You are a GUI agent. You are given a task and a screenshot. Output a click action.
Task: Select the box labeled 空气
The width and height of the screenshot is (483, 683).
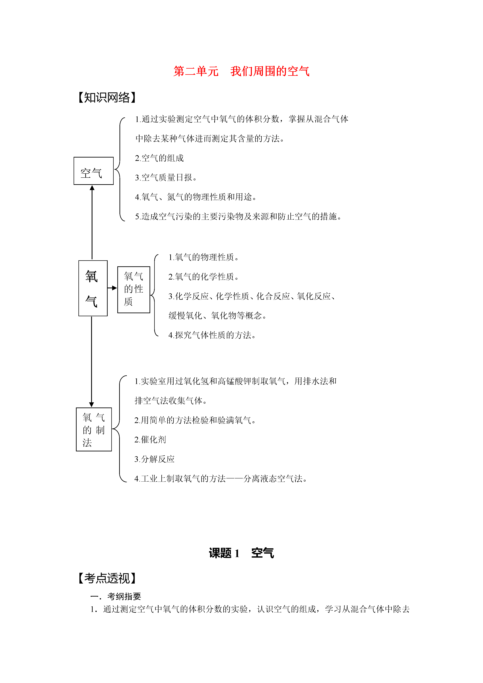pos(93,171)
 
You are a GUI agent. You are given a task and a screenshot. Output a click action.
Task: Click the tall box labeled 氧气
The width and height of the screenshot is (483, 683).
pos(93,288)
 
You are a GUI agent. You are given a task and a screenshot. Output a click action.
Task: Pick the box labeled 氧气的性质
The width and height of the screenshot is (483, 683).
pos(134,290)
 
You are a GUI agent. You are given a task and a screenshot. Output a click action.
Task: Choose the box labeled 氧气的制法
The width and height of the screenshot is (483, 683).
pos(94,429)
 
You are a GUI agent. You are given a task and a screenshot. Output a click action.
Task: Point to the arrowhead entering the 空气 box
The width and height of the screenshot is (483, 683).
pos(92,188)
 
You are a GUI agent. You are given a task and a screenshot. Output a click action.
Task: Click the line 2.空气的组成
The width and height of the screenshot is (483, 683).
pos(159,158)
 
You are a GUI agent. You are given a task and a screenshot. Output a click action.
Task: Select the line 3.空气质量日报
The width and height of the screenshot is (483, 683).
pos(166,178)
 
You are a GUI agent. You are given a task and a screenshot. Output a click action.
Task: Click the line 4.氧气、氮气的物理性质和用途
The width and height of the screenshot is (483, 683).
pos(196,197)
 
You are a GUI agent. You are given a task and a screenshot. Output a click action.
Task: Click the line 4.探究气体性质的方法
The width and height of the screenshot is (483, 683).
pos(212,335)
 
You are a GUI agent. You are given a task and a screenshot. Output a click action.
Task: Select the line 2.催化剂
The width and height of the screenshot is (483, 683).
pos(150,439)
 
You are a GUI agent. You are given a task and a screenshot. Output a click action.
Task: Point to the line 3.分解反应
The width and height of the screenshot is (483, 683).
pos(154,459)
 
